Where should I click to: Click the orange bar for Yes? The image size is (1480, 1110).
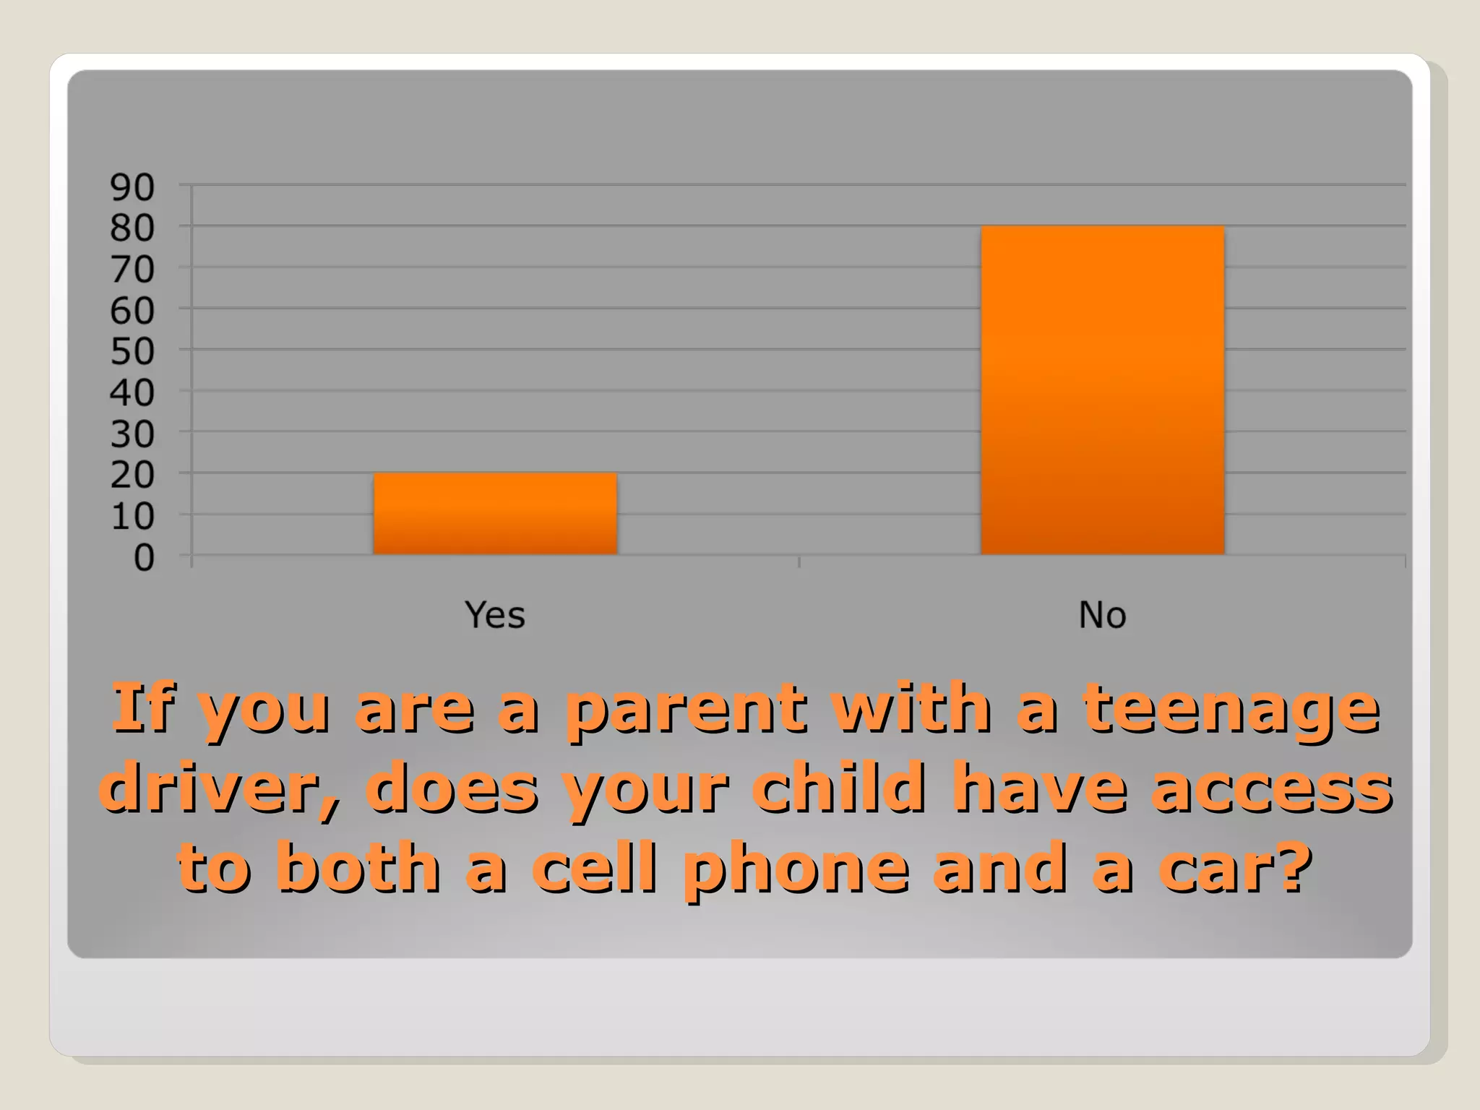pos(495,514)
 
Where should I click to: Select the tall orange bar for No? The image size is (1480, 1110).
pos(1102,390)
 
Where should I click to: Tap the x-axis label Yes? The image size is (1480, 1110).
pos(494,615)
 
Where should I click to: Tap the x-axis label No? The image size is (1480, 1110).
pos(1102,615)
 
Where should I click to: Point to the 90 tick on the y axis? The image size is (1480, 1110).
pos(132,188)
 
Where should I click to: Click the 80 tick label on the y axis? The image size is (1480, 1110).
pos(132,229)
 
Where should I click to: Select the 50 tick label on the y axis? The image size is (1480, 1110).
pos(132,353)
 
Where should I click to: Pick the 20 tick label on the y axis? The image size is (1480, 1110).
pos(132,476)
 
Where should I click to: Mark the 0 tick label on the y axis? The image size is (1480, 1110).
pos(144,559)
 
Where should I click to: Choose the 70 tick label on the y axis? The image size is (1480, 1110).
pos(132,270)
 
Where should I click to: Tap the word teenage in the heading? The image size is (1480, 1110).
pos(1232,710)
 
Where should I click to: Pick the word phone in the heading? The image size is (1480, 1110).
pos(795,869)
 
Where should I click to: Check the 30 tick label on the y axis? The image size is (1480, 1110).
pos(132,435)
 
